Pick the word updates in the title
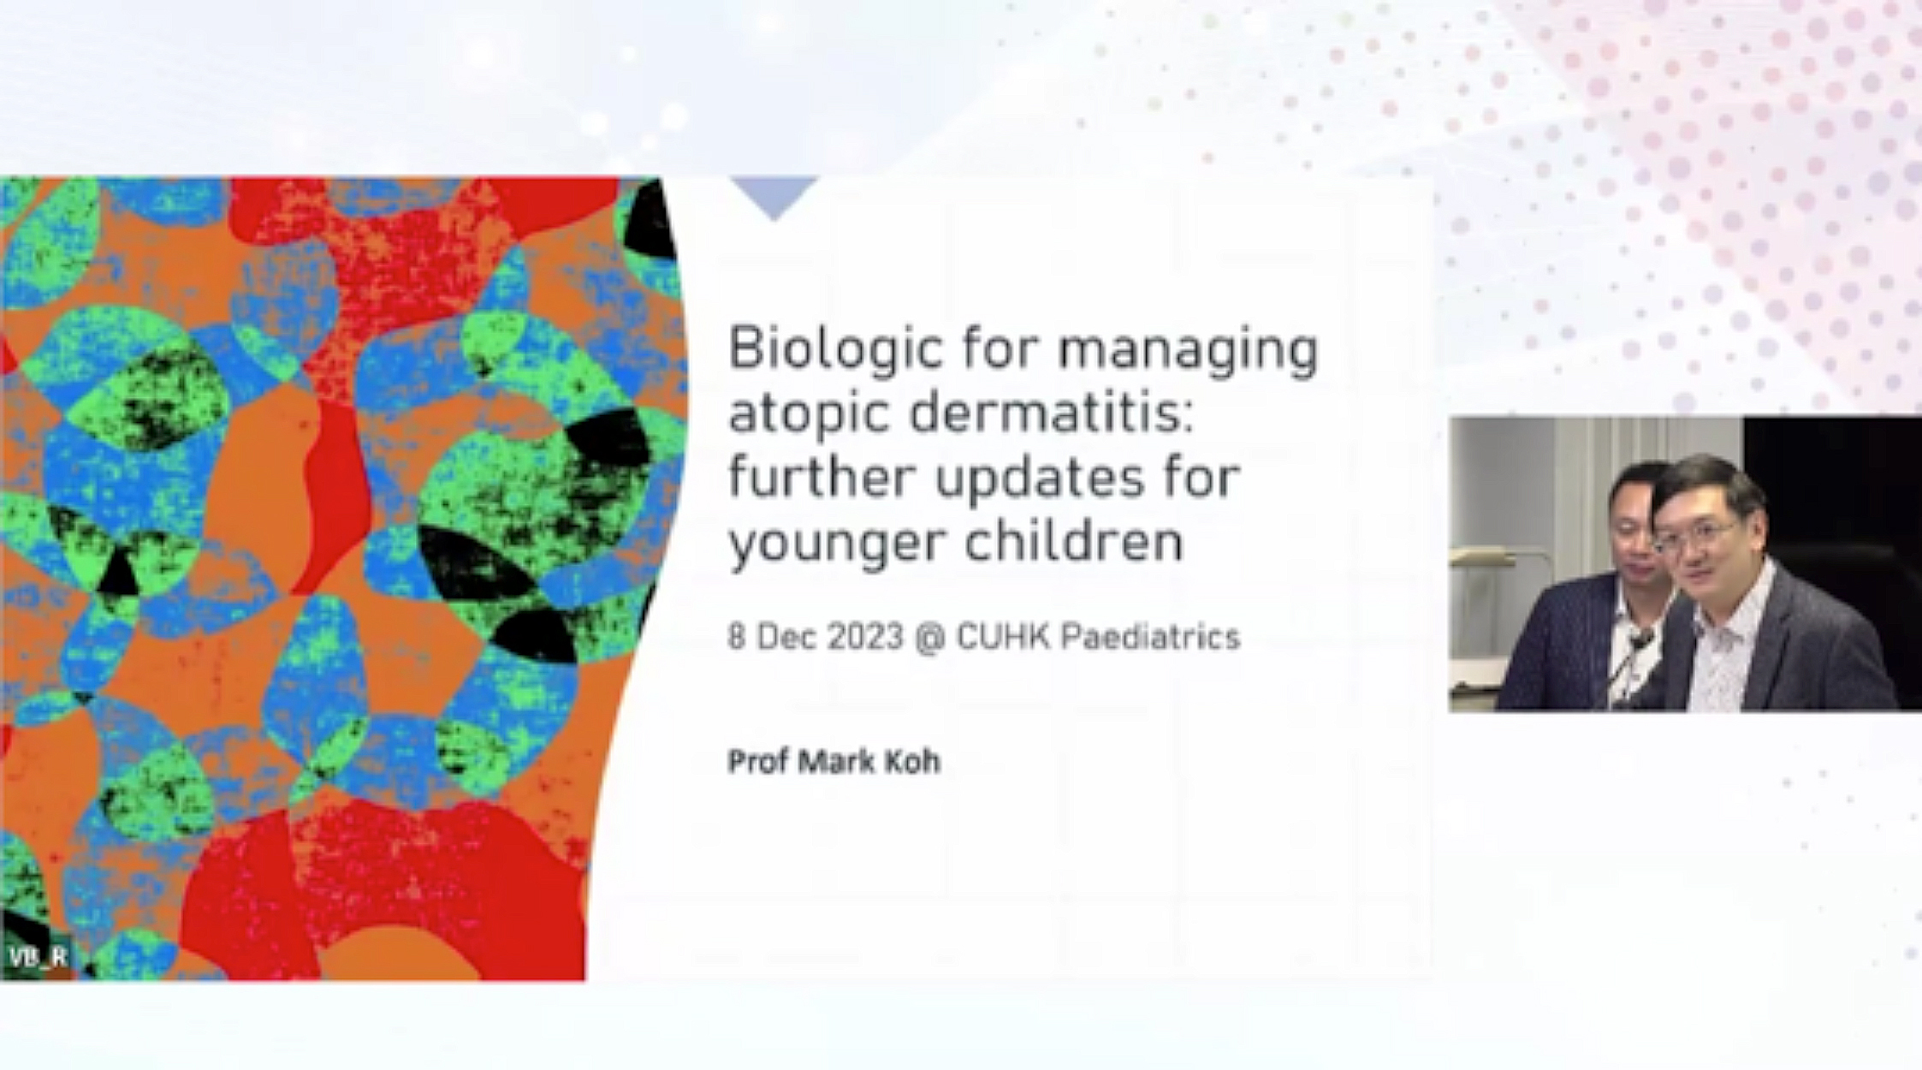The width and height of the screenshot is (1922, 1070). point(1040,480)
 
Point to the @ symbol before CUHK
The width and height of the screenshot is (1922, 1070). point(929,638)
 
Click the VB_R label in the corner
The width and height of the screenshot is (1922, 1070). point(39,957)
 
